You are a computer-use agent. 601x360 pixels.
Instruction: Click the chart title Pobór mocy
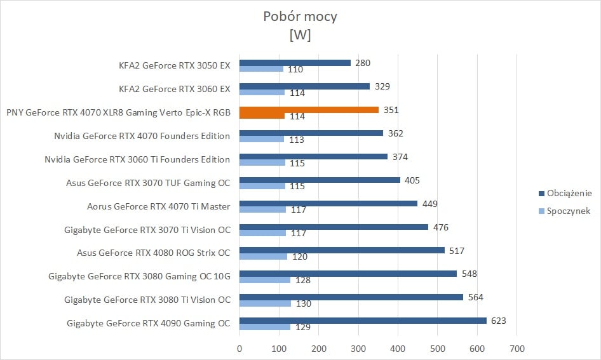pyautogui.click(x=300, y=17)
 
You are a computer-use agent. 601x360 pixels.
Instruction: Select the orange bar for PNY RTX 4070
pyautogui.click(x=309, y=109)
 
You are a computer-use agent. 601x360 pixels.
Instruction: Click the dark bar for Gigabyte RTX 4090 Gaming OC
pyautogui.click(x=363, y=321)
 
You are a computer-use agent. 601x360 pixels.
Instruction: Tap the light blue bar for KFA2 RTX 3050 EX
pyautogui.click(x=261, y=69)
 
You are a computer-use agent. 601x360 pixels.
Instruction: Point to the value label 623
pyautogui.click(x=498, y=321)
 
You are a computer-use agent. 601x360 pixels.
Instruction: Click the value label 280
pyautogui.click(x=363, y=63)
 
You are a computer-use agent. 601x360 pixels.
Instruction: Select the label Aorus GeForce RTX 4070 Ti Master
pyautogui.click(x=158, y=206)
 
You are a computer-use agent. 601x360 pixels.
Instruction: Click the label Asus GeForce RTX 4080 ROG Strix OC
pyautogui.click(x=153, y=253)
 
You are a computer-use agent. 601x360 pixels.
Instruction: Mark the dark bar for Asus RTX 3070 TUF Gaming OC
pyautogui.click(x=320, y=180)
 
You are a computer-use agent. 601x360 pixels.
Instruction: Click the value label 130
pyautogui.click(x=304, y=303)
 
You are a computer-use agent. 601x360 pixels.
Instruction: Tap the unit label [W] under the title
pyautogui.click(x=300, y=35)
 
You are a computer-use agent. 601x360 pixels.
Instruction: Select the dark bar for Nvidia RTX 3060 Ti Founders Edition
pyautogui.click(x=313, y=156)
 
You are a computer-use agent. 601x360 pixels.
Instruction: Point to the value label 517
pyautogui.click(x=457, y=250)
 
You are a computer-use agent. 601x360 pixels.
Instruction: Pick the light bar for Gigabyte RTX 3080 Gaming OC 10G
pyautogui.click(x=265, y=280)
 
